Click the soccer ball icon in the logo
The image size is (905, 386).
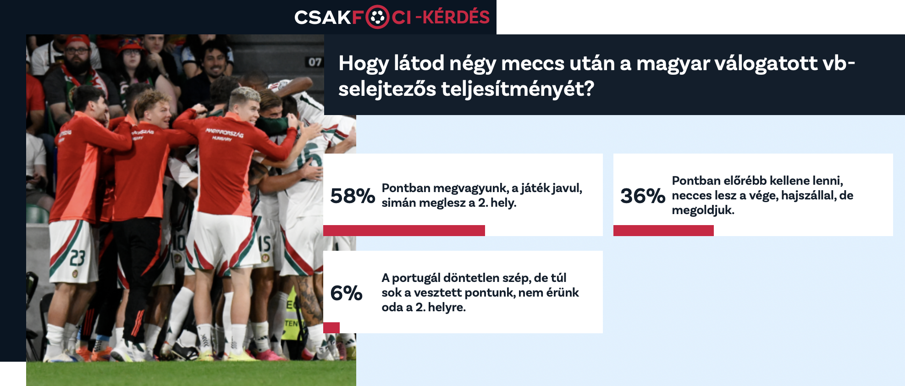[377, 17]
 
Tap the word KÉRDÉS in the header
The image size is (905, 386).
[456, 17]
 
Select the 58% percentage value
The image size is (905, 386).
[353, 196]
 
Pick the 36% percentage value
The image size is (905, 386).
[643, 196]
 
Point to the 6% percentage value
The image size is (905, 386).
[346, 293]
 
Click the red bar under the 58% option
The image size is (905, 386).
[404, 231]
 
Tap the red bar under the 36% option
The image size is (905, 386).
[663, 231]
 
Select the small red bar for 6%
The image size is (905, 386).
[331, 328]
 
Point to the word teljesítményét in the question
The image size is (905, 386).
[518, 88]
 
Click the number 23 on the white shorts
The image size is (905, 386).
[77, 258]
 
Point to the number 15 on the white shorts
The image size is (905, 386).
[265, 243]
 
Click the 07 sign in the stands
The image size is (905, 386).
[315, 62]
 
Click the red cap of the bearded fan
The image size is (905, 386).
[77, 41]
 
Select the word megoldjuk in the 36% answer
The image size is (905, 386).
[703, 210]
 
